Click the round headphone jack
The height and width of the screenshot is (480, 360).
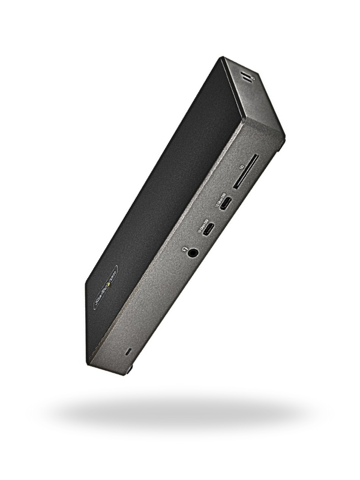pos(193,253)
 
